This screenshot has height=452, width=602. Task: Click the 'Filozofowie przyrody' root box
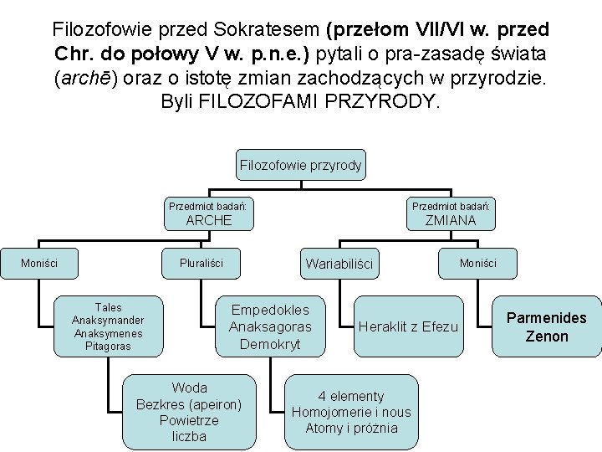(x=300, y=165)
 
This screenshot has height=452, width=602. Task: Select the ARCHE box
(x=208, y=214)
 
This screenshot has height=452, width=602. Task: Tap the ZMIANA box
(x=450, y=214)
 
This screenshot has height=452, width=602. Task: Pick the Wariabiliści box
(x=339, y=264)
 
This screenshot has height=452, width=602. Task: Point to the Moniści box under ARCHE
(x=39, y=263)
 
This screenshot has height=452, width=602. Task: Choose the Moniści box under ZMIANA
(x=477, y=263)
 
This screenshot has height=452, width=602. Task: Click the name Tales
(x=108, y=308)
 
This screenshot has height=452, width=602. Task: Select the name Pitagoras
(x=108, y=346)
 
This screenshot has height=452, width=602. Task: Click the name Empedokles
(x=270, y=310)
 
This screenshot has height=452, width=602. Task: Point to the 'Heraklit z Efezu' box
(x=408, y=326)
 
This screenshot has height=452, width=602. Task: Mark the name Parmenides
(x=547, y=318)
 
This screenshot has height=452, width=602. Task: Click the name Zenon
(x=547, y=336)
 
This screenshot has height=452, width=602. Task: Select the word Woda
(x=189, y=388)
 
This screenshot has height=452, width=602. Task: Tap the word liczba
(x=189, y=436)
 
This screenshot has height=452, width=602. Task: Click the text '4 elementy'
(x=351, y=396)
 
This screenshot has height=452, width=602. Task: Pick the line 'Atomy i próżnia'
(x=351, y=429)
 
